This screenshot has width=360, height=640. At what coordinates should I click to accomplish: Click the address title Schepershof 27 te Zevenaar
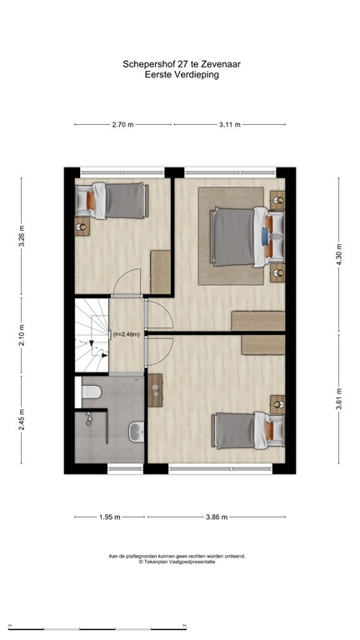tap(179, 62)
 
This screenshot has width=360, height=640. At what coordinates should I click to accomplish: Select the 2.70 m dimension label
tap(122, 125)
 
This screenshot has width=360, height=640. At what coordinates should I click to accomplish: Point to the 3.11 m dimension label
tap(229, 125)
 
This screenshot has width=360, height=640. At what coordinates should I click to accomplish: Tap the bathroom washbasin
tap(136, 431)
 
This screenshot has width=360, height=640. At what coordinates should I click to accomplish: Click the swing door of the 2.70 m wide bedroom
tap(126, 283)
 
